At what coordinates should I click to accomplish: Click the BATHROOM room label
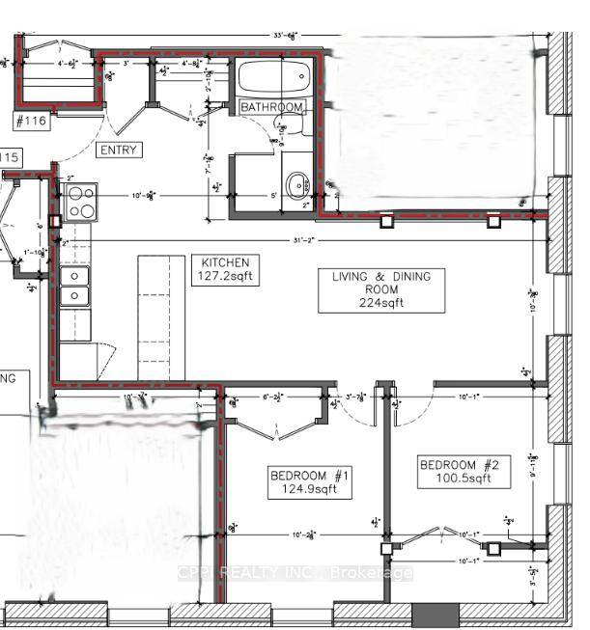point(272,106)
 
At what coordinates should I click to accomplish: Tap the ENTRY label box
point(120,150)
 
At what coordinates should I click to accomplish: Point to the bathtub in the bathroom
point(273,76)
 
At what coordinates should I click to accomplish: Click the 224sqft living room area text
point(381,302)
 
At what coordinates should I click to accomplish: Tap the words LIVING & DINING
point(381,277)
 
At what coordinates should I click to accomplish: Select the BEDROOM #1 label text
point(308,475)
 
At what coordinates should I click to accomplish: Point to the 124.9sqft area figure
point(308,490)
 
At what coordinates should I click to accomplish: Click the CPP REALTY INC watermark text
point(295,573)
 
